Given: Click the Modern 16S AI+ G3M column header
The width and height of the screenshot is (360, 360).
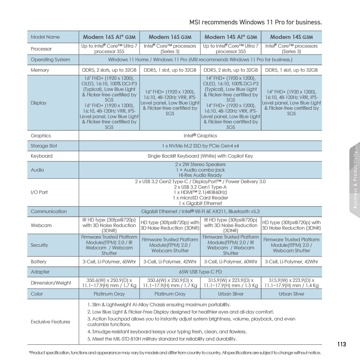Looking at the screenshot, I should coord(109,37).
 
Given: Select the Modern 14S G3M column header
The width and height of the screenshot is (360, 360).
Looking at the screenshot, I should coord(291,37).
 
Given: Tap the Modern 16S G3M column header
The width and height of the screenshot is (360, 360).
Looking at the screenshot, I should coord(170,37).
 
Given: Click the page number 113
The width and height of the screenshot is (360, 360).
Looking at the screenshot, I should coord(342,344).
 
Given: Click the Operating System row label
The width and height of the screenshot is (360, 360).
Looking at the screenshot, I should coord(50,60).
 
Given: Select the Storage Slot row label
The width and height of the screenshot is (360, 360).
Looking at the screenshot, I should coord(44,146).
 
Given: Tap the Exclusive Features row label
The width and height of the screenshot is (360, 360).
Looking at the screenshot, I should coord(50,322).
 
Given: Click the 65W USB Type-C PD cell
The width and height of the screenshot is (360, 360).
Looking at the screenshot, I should coord(200,272).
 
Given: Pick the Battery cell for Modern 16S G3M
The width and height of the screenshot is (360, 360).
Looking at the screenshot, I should coord(170,262).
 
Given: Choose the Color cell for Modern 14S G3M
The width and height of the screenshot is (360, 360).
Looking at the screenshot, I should coord(291,294).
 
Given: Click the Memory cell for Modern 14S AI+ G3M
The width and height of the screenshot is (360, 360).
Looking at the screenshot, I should coord(231,70).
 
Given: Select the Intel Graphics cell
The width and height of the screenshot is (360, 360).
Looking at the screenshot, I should coord(200,136).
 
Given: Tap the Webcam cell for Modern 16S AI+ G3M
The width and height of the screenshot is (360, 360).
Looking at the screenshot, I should coord(109,225).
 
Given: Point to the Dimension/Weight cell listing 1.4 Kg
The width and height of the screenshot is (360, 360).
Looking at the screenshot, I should coord(291,283).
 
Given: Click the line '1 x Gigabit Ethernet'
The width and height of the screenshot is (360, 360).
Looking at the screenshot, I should coord(200,203).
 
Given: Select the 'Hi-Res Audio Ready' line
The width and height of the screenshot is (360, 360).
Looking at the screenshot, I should coord(200,175).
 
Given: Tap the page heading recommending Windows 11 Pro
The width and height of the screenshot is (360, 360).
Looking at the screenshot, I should coord(255,22).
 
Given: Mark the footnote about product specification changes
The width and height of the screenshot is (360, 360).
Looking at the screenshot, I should coord(175,353).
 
